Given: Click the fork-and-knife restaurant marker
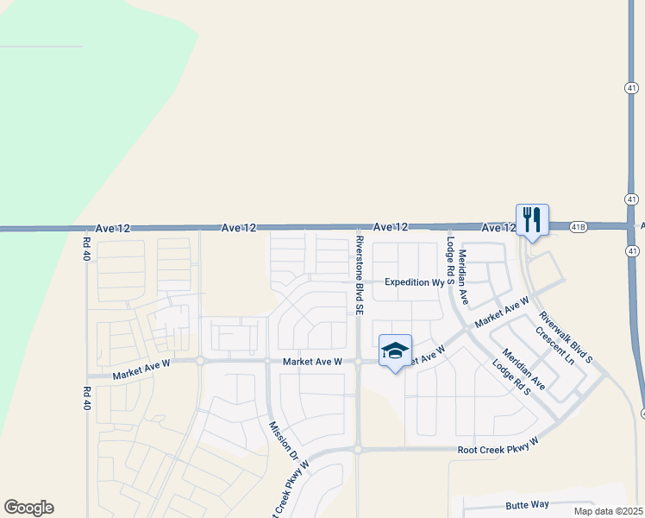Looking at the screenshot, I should point(532,219).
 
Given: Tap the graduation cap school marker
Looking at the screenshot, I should point(395,350).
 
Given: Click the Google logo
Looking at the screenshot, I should point(28,508).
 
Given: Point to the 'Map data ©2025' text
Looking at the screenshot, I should point(608,511).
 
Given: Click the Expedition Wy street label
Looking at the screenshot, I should point(413,282).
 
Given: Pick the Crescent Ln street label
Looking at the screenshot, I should point(554,344).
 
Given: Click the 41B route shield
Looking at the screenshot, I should point(578,227).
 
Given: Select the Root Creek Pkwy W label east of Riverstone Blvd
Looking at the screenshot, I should point(498,445).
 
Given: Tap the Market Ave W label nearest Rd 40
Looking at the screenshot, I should point(141,369).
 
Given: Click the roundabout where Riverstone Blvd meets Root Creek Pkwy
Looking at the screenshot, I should point(357,449).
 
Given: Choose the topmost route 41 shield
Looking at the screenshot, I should point(632,88).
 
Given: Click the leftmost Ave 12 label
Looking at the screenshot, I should point(113,228).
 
